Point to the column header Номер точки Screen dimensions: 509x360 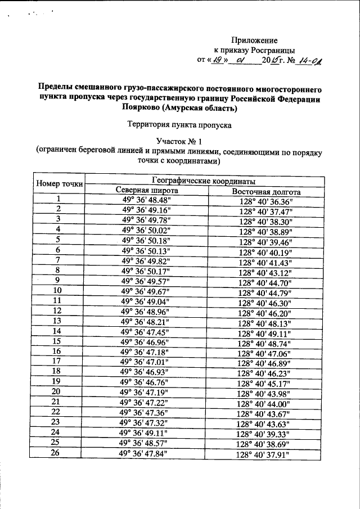(x=59, y=183)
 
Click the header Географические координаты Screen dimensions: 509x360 (x=204, y=181)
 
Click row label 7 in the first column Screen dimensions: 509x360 (x=57, y=260)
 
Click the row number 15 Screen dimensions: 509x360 (x=57, y=341)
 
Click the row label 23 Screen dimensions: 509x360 (x=56, y=422)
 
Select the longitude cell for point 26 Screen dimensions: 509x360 (x=262, y=455)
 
